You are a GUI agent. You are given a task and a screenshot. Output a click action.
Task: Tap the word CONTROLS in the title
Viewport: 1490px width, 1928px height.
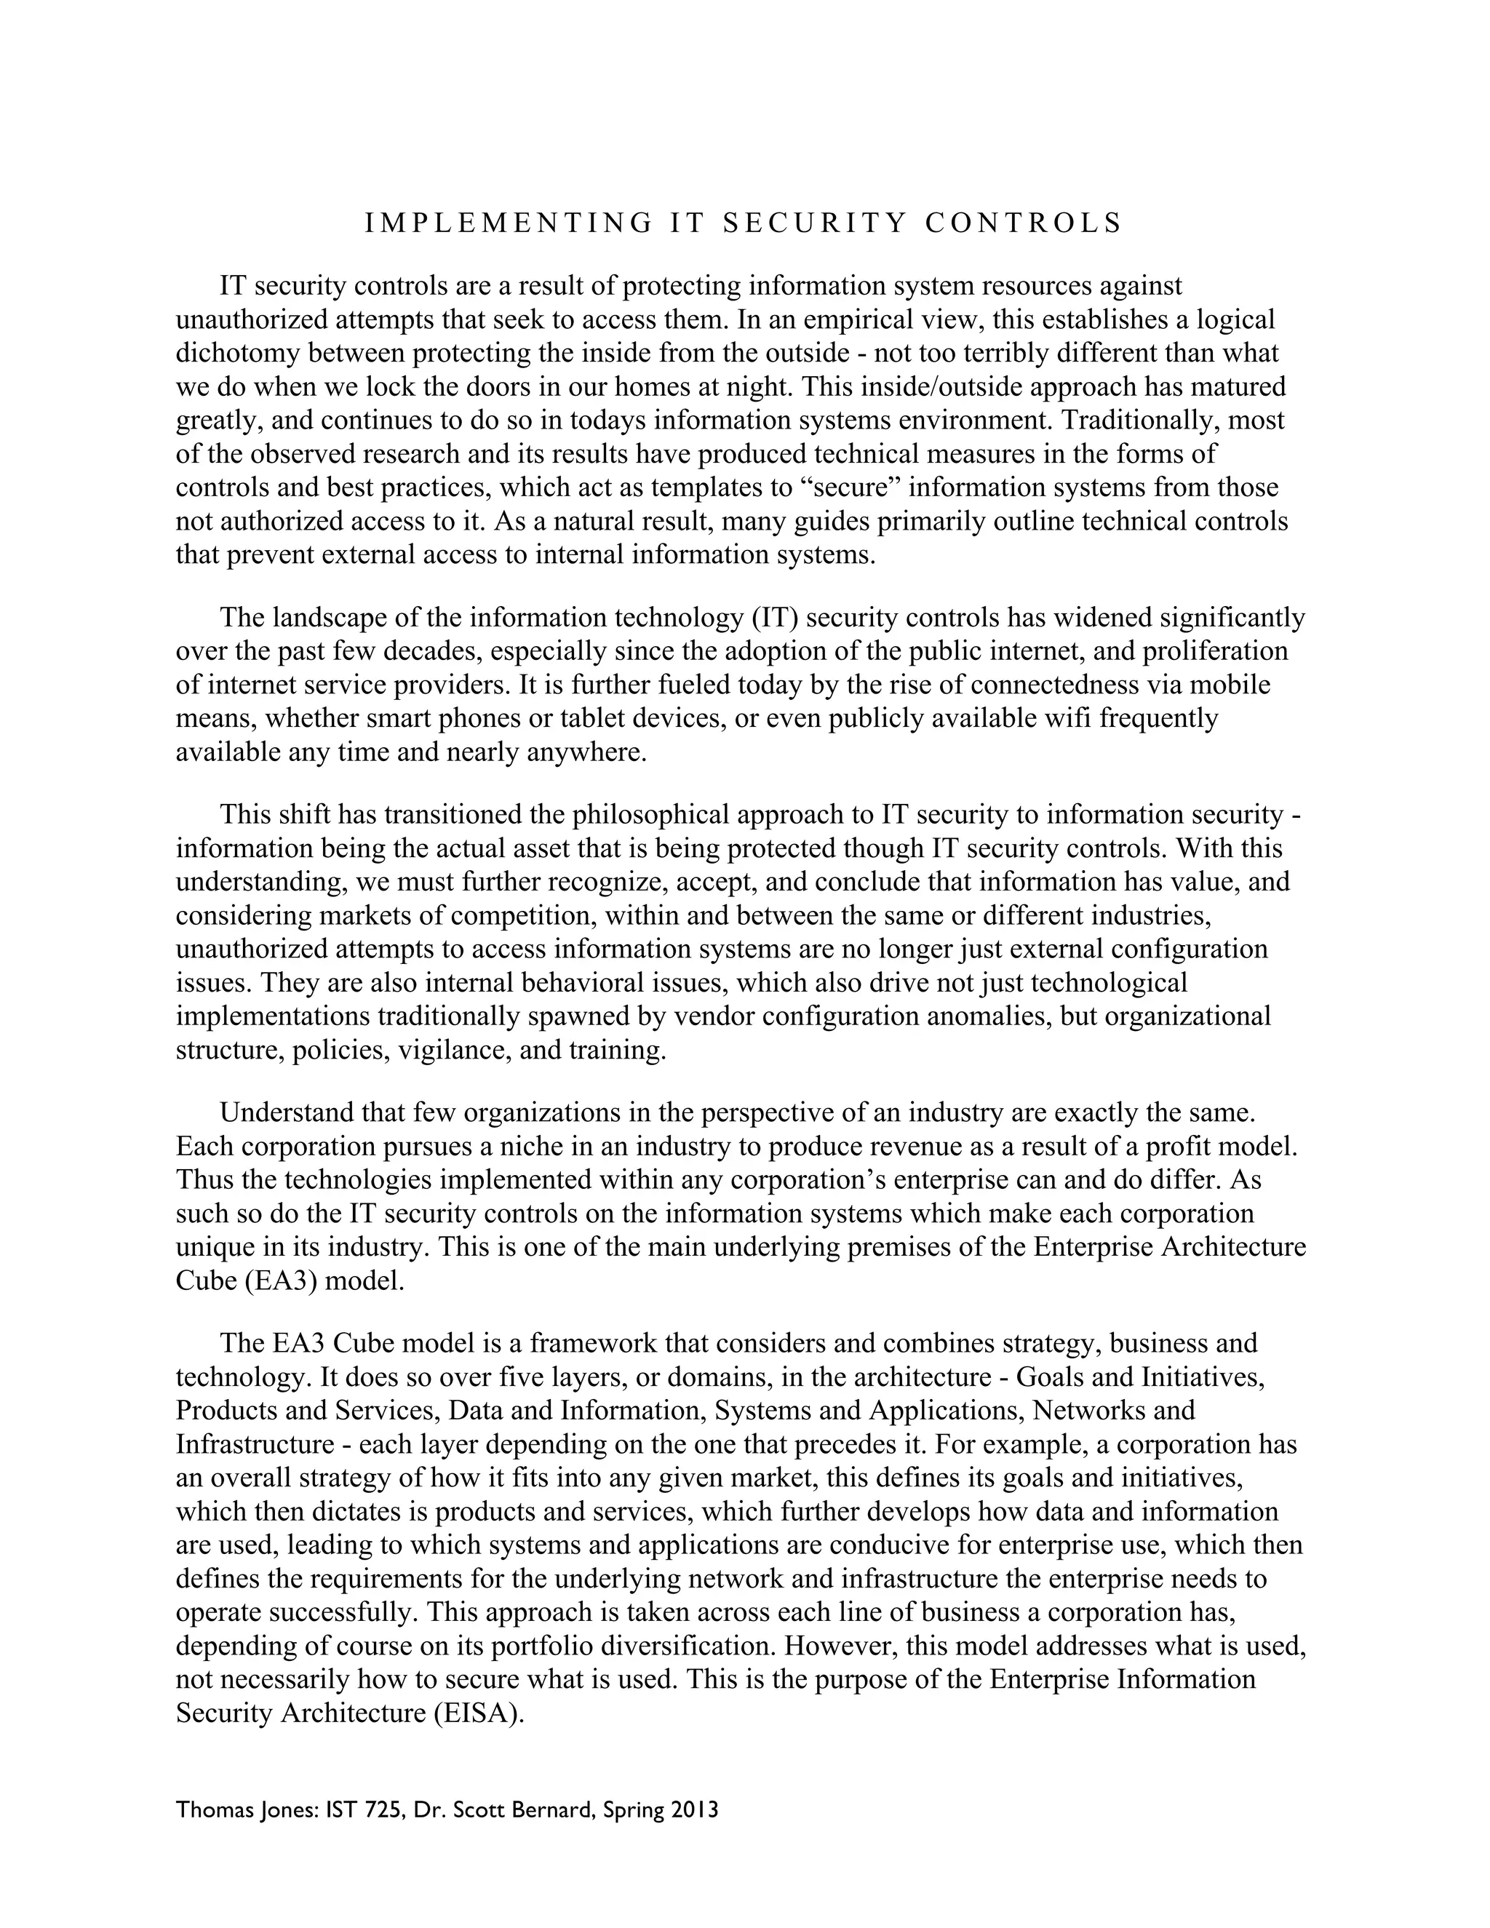coord(1023,223)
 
